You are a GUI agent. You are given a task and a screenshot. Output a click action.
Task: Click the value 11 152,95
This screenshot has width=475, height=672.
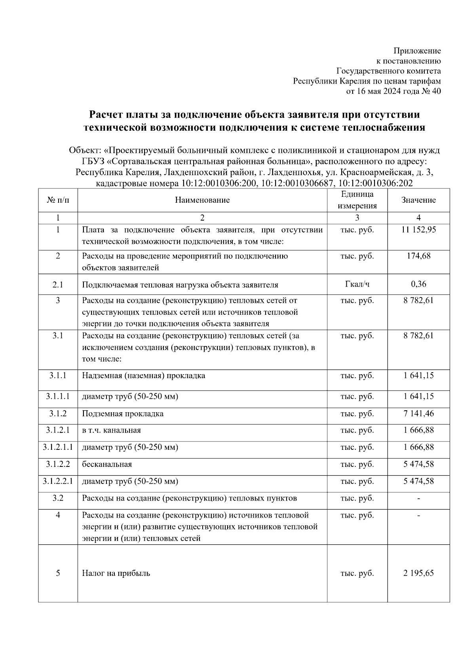tap(418, 230)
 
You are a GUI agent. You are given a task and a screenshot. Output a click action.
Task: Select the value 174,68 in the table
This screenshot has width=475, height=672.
tap(418, 256)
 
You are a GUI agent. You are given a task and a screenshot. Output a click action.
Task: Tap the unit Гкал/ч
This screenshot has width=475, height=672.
tap(357, 284)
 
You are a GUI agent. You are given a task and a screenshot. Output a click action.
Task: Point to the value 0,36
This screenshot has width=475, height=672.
tap(418, 284)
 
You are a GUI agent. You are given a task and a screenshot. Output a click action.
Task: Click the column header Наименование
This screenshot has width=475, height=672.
tap(202, 200)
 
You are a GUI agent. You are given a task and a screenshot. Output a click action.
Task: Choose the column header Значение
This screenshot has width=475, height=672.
tap(418, 200)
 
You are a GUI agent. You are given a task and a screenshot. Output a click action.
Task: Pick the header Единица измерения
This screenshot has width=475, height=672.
tap(357, 200)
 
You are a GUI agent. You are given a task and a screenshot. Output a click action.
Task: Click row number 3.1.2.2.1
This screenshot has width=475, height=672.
tap(58, 482)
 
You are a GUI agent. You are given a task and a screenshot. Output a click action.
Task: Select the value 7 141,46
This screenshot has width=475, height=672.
tap(418, 414)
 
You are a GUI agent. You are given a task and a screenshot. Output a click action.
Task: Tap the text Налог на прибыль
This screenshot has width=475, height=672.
tap(116, 573)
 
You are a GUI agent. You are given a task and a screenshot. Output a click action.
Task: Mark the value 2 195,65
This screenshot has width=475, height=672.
tap(418, 573)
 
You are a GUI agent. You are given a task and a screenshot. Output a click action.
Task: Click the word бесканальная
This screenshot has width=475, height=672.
tap(107, 464)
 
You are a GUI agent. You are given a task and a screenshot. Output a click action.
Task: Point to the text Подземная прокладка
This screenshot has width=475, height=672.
tap(123, 414)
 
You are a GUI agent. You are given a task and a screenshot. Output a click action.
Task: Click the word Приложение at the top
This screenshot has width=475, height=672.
tap(417, 51)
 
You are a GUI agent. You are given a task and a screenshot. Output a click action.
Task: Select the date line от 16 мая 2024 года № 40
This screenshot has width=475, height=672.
tap(393, 91)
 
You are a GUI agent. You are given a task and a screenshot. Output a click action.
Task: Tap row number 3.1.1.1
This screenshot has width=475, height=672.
tap(58, 396)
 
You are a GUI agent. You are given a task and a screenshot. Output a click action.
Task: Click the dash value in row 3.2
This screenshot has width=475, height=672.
tap(418, 498)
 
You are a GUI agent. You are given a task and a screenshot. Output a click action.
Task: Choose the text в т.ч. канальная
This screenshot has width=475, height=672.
tap(111, 430)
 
